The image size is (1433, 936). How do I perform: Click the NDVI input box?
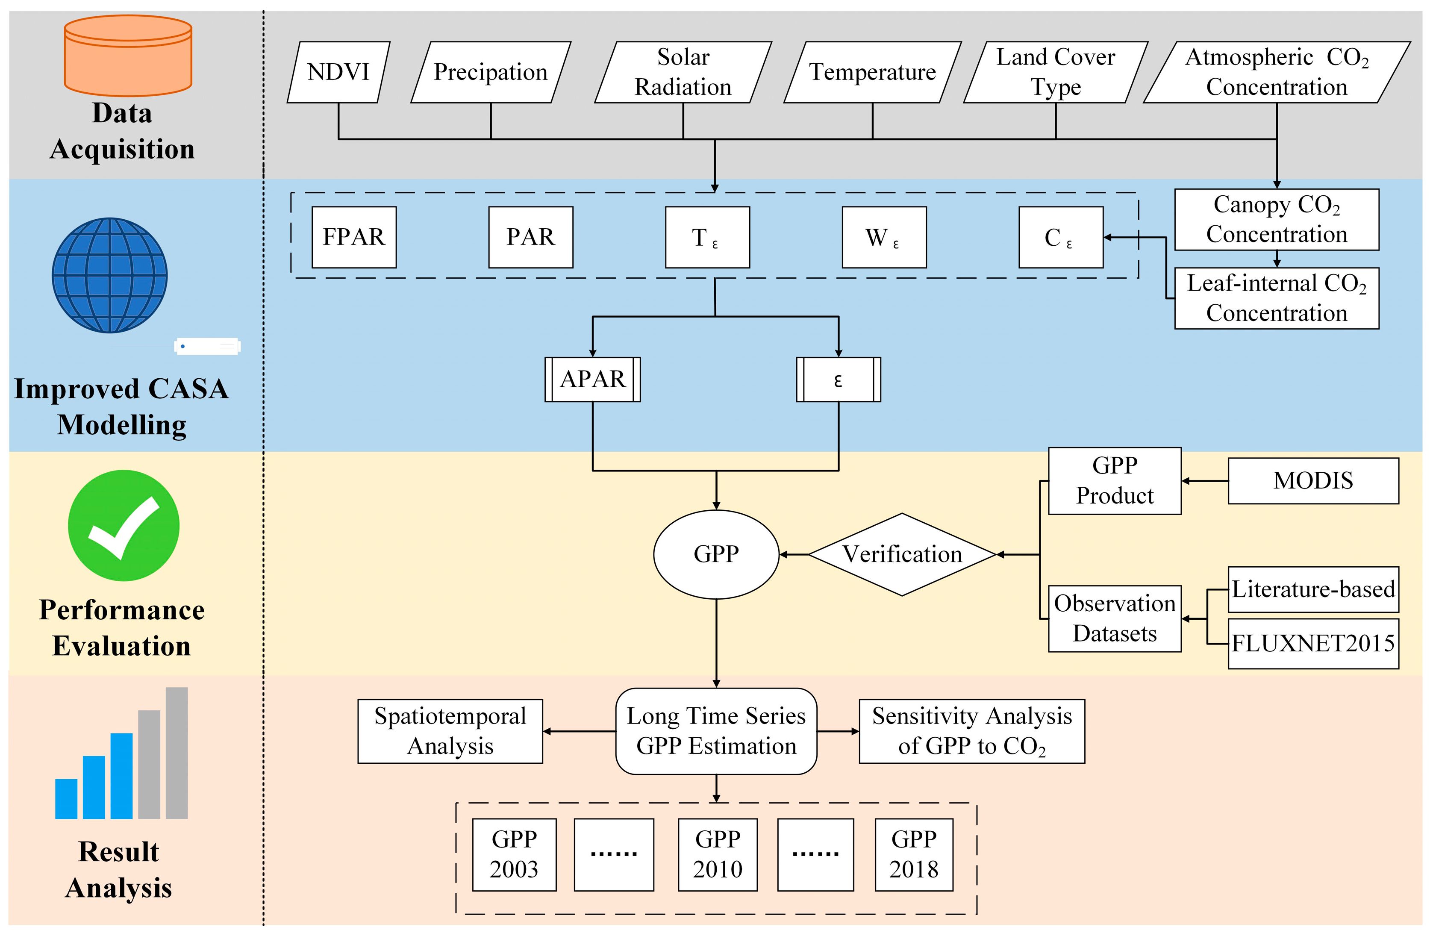(x=338, y=72)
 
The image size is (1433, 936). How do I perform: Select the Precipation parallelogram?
(x=490, y=72)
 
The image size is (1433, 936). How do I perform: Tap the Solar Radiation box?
(x=683, y=72)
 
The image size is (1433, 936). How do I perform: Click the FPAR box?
(x=354, y=237)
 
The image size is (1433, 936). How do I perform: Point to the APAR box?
(x=592, y=380)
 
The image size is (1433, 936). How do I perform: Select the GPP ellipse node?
(x=716, y=554)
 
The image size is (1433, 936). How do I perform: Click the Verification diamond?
(x=902, y=554)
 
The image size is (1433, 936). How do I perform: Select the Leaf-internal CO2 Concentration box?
(x=1277, y=298)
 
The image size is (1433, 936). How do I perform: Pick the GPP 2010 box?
(x=717, y=854)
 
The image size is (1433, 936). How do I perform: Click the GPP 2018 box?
(x=913, y=854)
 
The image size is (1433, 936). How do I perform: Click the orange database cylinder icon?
(x=128, y=56)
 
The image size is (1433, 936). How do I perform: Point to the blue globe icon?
(x=109, y=275)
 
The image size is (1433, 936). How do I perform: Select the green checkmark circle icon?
(x=124, y=525)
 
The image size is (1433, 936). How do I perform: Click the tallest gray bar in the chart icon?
(x=177, y=753)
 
